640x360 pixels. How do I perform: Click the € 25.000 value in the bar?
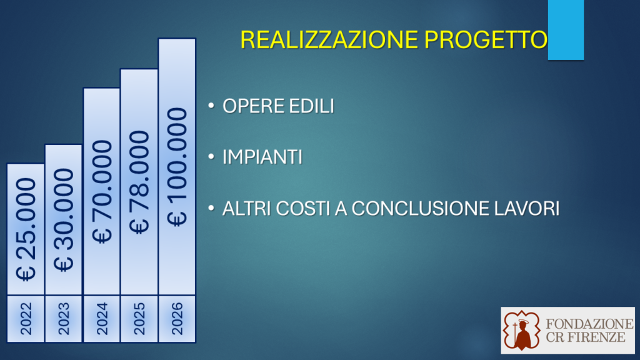[26, 229]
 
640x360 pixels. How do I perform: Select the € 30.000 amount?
[64, 220]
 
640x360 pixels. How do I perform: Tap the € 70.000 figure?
[102, 192]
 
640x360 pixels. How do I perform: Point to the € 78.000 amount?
[139, 182]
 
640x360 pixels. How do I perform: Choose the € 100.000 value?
[177, 167]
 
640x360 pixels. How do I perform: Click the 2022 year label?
[26, 319]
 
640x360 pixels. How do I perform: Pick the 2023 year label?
[64, 319]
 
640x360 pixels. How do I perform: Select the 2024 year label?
[102, 319]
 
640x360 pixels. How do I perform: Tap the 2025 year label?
[139, 319]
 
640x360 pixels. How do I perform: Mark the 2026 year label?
[177, 319]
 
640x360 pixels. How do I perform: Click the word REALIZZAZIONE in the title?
[329, 39]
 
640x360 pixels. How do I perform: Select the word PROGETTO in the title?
[486, 39]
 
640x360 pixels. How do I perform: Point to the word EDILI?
[311, 106]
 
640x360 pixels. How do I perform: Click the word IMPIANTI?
[262, 157]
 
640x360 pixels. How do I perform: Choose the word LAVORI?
[526, 209]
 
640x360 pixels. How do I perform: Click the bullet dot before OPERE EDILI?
[211, 106]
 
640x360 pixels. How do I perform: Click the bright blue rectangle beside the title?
[566, 30]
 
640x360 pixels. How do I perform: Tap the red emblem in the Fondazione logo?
[522, 330]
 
